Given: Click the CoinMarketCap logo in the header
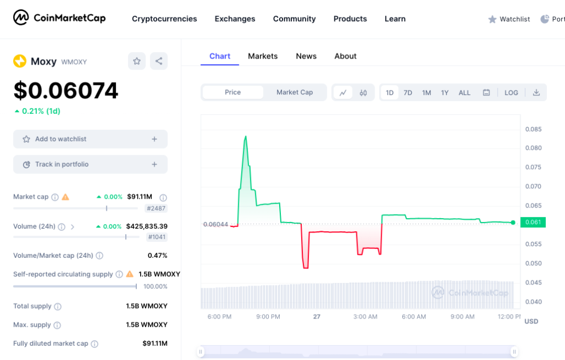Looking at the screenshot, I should [x=60, y=18].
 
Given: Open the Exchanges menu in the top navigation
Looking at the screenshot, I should [x=235, y=19].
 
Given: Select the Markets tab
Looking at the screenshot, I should [x=263, y=56].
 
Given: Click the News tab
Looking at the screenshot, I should [x=306, y=56].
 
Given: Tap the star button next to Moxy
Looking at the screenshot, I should [x=137, y=61].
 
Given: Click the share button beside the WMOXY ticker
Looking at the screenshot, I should [x=159, y=61].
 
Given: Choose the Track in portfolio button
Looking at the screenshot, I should [x=90, y=165].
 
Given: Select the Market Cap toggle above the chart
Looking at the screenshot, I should [x=295, y=92].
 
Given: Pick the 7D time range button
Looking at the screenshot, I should [x=408, y=93].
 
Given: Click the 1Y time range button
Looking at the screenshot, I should [x=445, y=93].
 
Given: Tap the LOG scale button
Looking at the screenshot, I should [x=511, y=93].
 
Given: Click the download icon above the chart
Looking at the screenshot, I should [x=536, y=93].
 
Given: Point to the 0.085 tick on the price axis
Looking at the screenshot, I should [x=534, y=129].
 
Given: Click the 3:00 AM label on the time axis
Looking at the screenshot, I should [x=365, y=317].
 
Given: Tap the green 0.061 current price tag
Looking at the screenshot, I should [x=532, y=222].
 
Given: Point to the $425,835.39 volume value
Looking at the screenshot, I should [x=147, y=226].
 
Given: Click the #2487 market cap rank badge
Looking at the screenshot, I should [x=156, y=209].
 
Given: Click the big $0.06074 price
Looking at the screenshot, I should [x=66, y=91].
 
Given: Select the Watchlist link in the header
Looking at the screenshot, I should [x=509, y=19].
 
